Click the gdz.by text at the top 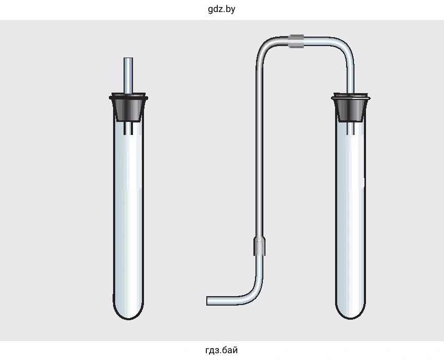[221, 9]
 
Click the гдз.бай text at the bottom [221, 351]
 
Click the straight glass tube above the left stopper [128, 75]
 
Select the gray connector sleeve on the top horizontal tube [296, 41]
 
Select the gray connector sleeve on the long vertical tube [259, 246]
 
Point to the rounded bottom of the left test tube [128, 311]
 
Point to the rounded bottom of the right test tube [351, 311]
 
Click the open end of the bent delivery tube [207, 301]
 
